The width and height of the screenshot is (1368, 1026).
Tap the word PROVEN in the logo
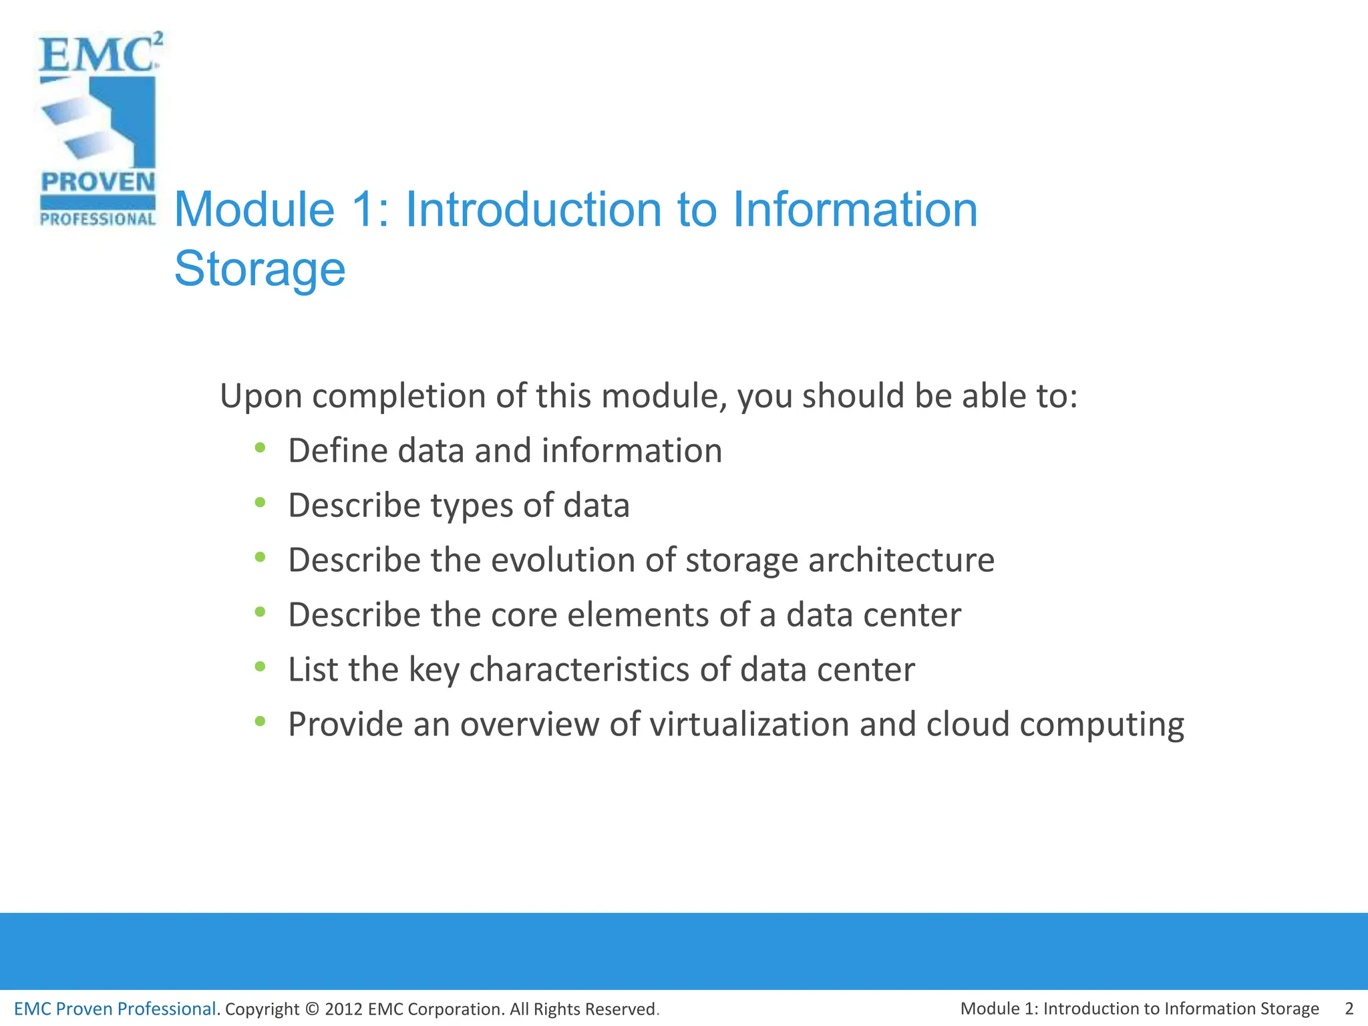point(98,182)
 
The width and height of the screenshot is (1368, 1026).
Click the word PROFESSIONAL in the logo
point(98,219)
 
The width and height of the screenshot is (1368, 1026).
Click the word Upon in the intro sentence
point(261,397)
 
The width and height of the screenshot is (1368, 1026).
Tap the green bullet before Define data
point(261,447)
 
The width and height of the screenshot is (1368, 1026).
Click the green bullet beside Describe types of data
point(261,502)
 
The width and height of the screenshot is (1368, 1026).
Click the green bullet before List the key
point(261,666)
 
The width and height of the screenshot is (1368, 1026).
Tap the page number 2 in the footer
point(1349,1009)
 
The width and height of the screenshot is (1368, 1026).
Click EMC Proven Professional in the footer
point(115,1009)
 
